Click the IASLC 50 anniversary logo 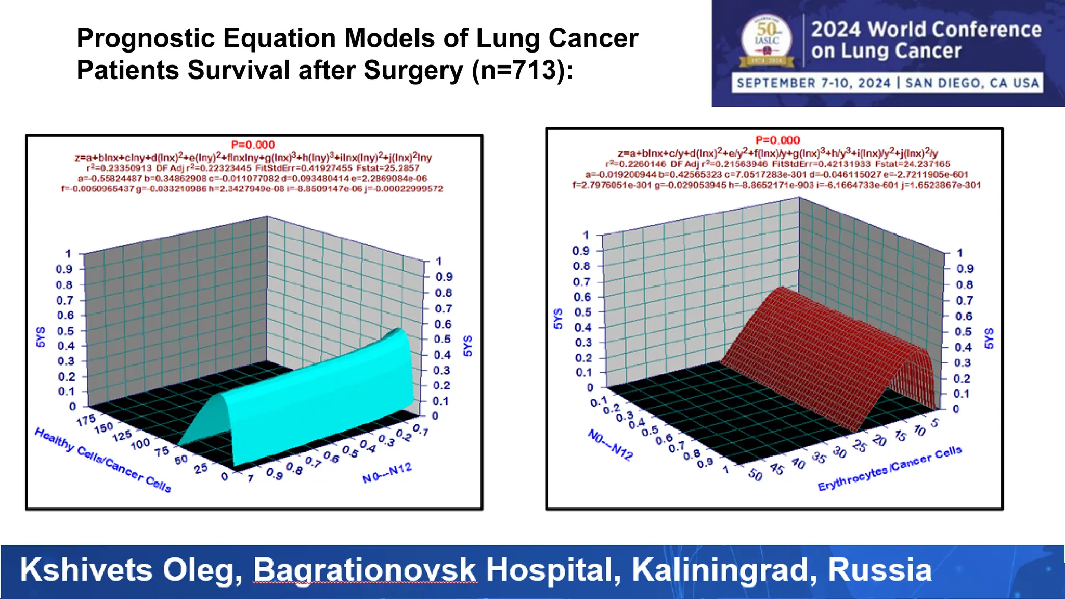(767, 41)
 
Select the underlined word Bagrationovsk (365, 570)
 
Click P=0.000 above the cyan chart (253, 145)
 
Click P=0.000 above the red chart (777, 140)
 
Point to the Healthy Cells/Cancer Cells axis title (103, 460)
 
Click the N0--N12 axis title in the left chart (387, 473)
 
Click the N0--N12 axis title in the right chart (610, 445)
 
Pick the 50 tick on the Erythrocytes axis (755, 475)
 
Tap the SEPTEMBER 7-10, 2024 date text (813, 83)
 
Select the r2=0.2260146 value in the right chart (635, 164)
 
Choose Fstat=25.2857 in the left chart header (387, 168)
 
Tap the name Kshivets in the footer (86, 570)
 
